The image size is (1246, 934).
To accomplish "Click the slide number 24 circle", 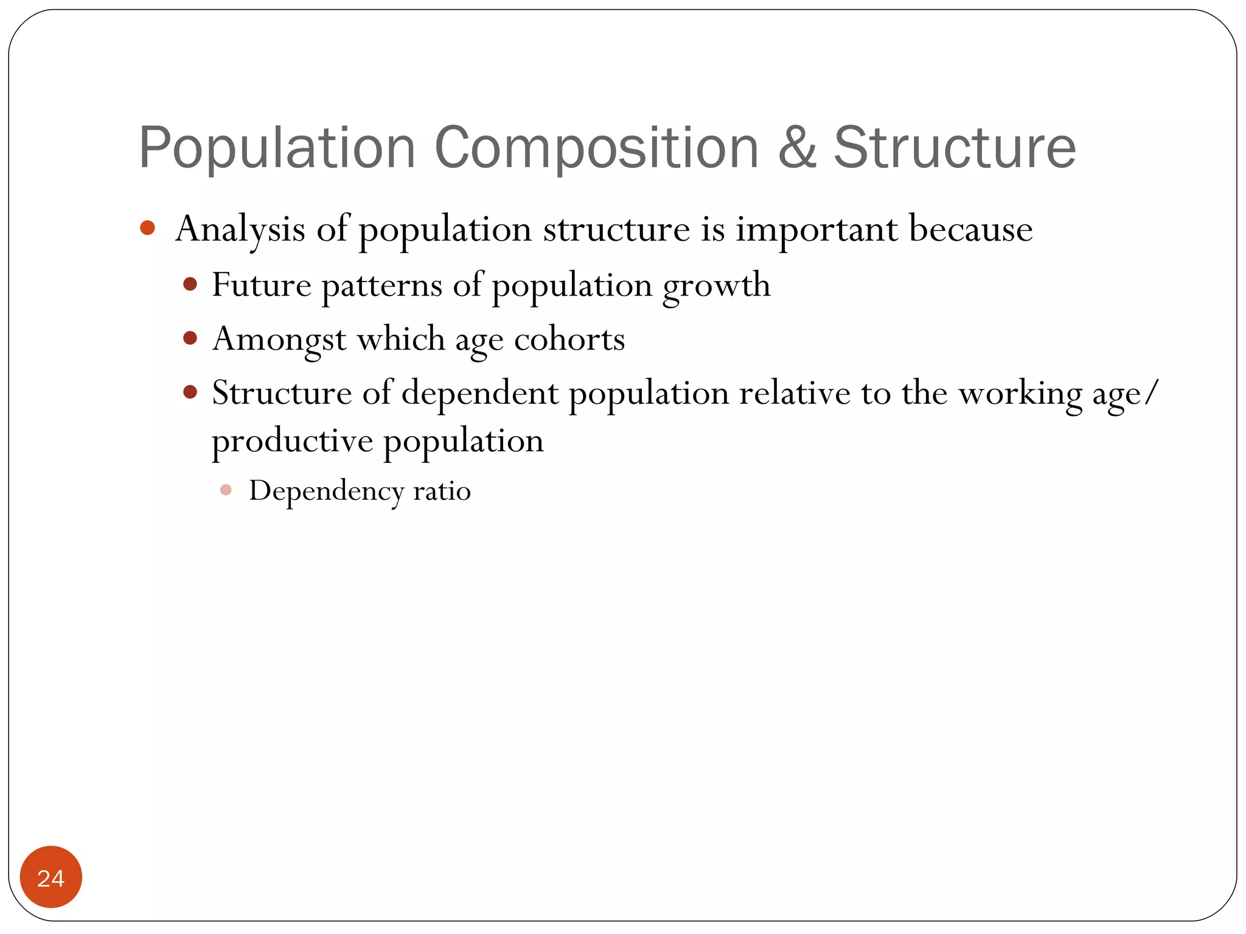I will [51, 877].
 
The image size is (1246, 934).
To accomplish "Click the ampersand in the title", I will [796, 148].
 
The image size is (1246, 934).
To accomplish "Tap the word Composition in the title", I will [596, 149].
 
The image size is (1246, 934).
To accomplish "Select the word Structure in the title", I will [955, 148].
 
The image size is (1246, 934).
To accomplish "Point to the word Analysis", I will [240, 230].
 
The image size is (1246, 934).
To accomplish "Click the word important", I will [816, 230].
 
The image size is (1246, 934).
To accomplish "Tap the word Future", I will [262, 285].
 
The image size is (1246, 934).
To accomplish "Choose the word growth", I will [716, 286].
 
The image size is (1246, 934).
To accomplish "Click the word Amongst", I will [279, 339].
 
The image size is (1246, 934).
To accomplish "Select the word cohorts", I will [569, 339].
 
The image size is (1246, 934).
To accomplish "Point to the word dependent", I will [479, 393].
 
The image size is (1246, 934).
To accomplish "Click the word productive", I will [292, 441].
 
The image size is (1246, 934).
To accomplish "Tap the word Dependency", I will [326, 491].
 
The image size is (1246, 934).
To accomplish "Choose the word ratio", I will [442, 491].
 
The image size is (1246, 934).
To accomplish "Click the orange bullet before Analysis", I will [147, 228].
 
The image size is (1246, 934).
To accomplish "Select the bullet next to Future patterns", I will [190, 284].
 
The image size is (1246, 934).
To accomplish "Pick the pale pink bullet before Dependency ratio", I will [226, 490].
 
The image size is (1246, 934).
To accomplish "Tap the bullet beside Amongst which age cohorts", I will [190, 338].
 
